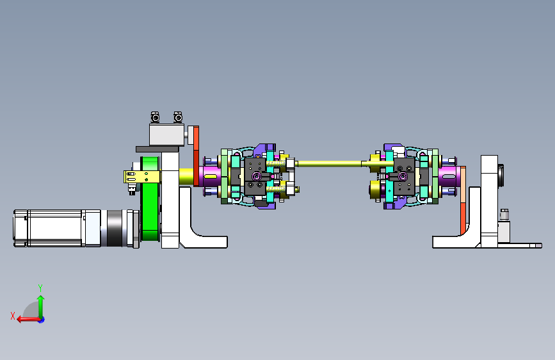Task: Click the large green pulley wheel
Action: [150, 199]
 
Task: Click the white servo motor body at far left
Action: [56, 228]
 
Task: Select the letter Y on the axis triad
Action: [40, 288]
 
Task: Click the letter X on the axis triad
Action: [13, 316]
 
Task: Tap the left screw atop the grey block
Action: [155, 117]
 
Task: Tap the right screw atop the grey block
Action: [178, 117]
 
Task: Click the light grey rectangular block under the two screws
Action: [166, 135]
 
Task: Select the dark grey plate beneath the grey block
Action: [157, 149]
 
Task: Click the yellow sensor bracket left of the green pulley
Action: [142, 177]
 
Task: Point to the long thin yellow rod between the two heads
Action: [329, 163]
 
